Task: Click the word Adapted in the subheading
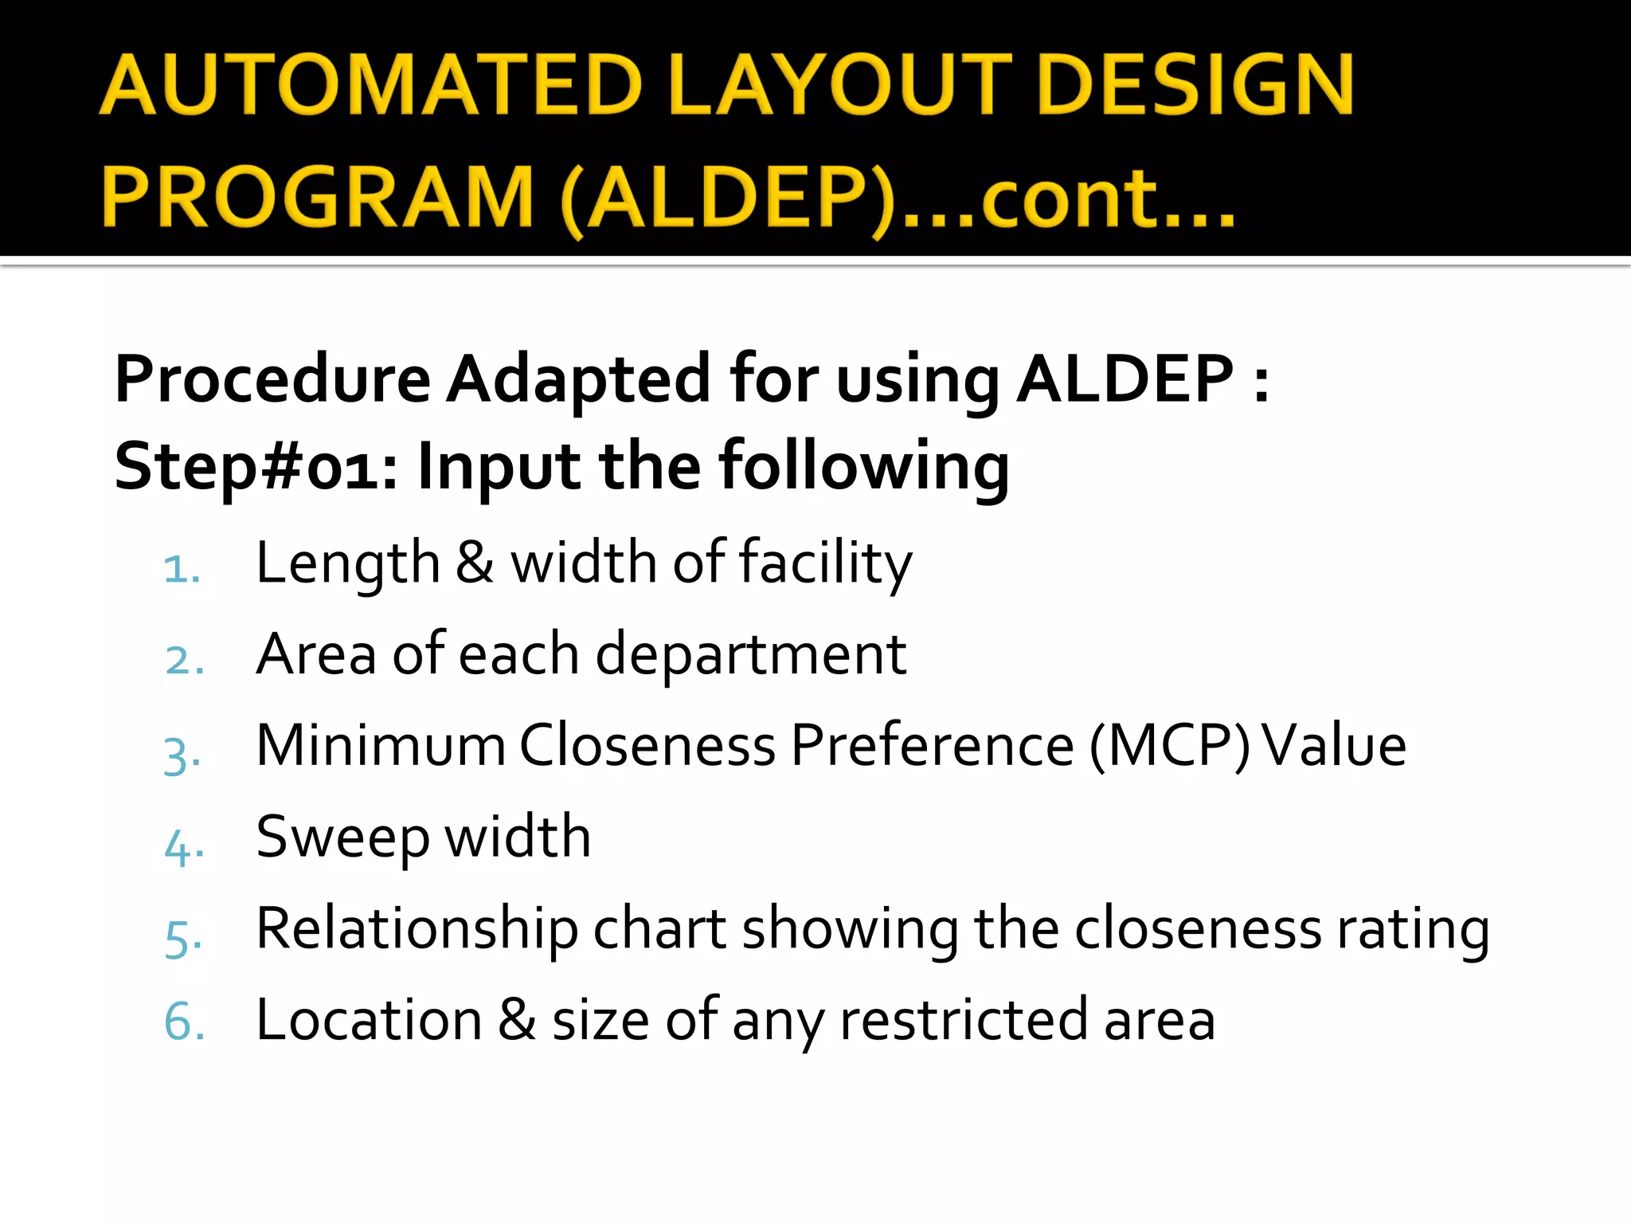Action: (x=578, y=380)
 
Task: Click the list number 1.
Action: (x=182, y=569)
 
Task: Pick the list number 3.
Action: (x=182, y=754)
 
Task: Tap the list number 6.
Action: (x=184, y=1022)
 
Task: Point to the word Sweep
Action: (x=342, y=838)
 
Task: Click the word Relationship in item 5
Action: (x=417, y=930)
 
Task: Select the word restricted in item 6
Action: (x=964, y=1021)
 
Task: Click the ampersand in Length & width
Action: (x=475, y=563)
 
